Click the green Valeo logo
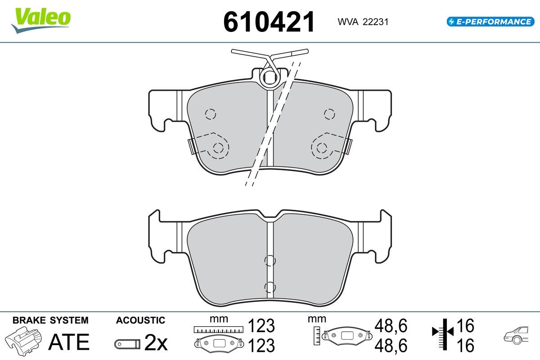click(x=41, y=21)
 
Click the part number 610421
click(x=269, y=22)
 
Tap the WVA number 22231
click(x=375, y=22)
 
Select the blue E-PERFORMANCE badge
click(x=490, y=22)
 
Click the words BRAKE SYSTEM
click(x=50, y=320)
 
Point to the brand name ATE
click(x=69, y=342)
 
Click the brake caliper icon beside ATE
click(x=23, y=341)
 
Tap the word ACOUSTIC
click(x=140, y=320)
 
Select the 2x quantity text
click(x=156, y=342)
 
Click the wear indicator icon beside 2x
click(x=127, y=344)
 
